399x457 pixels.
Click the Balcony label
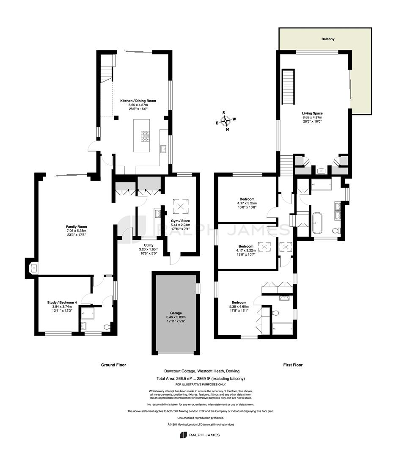pyautogui.click(x=328, y=39)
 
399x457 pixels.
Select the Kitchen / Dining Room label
pyautogui.click(x=138, y=101)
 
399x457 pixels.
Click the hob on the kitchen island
pyautogui.click(x=145, y=136)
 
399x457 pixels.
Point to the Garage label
pyautogui.click(x=176, y=313)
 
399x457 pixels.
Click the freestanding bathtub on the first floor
pyautogui.click(x=317, y=223)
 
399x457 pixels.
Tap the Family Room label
pyautogui.click(x=76, y=226)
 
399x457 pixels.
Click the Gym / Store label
pyautogui.click(x=180, y=221)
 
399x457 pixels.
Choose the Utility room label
pyautogui.click(x=149, y=245)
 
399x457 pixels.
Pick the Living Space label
pyautogui.click(x=312, y=113)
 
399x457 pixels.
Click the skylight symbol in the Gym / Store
pyautogui.click(x=181, y=206)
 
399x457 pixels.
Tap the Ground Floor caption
pyautogui.click(x=113, y=365)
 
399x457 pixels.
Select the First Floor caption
pyautogui.click(x=293, y=365)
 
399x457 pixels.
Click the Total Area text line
pyautogui.click(x=201, y=379)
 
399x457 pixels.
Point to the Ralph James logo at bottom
pyautogui.click(x=200, y=435)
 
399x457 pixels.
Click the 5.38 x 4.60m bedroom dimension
pyautogui.click(x=239, y=307)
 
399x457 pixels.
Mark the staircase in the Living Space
pyautogui.click(x=288, y=87)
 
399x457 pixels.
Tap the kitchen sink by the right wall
pyautogui.click(x=163, y=149)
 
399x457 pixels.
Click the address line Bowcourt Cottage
pyautogui.click(x=202, y=371)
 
